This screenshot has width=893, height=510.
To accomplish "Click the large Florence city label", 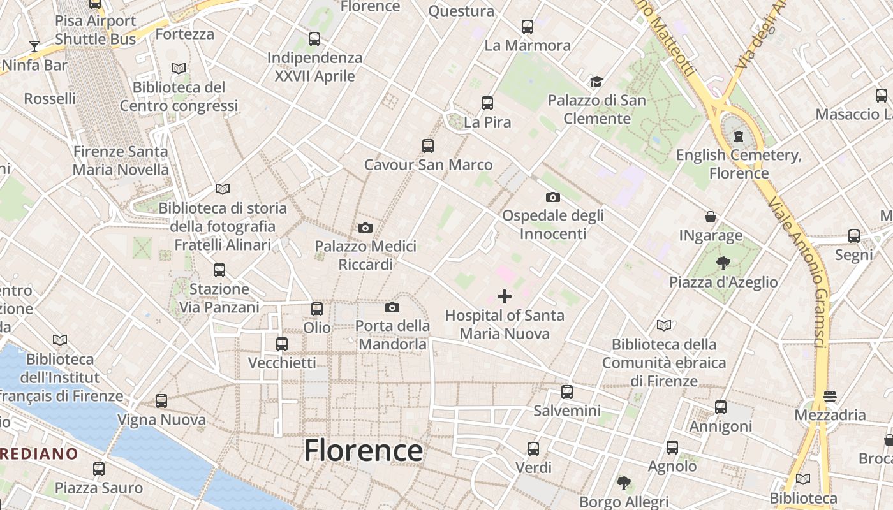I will coord(363,451).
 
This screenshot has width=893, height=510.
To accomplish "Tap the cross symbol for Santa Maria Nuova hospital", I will coord(505,296).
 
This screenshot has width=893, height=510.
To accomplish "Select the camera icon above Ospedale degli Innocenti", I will coord(553,197).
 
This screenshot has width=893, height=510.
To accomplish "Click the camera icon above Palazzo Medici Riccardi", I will coord(365,228).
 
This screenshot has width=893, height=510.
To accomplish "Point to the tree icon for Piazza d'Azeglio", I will coord(723,263).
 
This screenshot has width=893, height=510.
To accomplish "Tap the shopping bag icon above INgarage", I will coord(711,217).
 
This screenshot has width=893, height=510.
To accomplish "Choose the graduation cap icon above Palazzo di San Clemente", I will coord(596,82).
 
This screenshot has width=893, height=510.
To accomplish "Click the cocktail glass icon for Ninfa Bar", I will coord(34,47).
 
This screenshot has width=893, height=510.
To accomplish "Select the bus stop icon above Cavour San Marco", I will coord(428,146).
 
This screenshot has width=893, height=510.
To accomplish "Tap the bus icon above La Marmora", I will coord(528,27).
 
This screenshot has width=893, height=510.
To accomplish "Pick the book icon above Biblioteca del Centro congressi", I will coord(179,68).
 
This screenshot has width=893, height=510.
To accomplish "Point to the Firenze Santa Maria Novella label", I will coord(121,161).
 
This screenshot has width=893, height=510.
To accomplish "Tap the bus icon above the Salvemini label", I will coord(567,392).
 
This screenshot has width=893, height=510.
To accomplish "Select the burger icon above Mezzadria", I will coord(830,397).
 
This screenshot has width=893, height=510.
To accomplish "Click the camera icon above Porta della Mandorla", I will coord(392,308).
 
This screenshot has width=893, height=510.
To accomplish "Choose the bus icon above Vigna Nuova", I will coord(161,401).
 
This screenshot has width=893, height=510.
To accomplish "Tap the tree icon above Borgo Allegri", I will coord(624,483).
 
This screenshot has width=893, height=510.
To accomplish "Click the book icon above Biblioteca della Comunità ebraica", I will coord(664,326).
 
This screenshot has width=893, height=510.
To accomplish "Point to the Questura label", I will coord(461,11).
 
